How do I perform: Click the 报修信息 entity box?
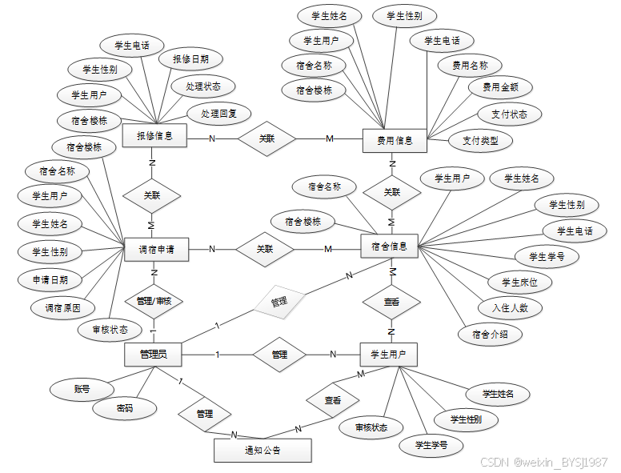click(154, 137)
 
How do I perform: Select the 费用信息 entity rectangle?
click(395, 141)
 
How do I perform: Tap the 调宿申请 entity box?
click(156, 250)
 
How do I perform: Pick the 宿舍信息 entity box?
click(390, 247)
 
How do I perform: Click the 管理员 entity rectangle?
click(153, 353)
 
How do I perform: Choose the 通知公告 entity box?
click(262, 451)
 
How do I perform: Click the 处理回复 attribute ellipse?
click(219, 114)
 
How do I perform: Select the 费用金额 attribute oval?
click(499, 86)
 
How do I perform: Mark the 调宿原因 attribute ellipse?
click(62, 307)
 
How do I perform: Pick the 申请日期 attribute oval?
click(50, 280)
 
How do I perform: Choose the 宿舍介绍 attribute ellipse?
click(491, 335)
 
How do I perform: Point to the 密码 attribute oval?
click(124, 408)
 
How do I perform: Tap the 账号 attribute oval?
click(82, 390)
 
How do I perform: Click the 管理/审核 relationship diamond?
click(154, 302)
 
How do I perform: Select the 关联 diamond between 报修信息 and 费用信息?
click(266, 138)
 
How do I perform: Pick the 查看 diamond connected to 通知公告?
click(333, 399)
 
